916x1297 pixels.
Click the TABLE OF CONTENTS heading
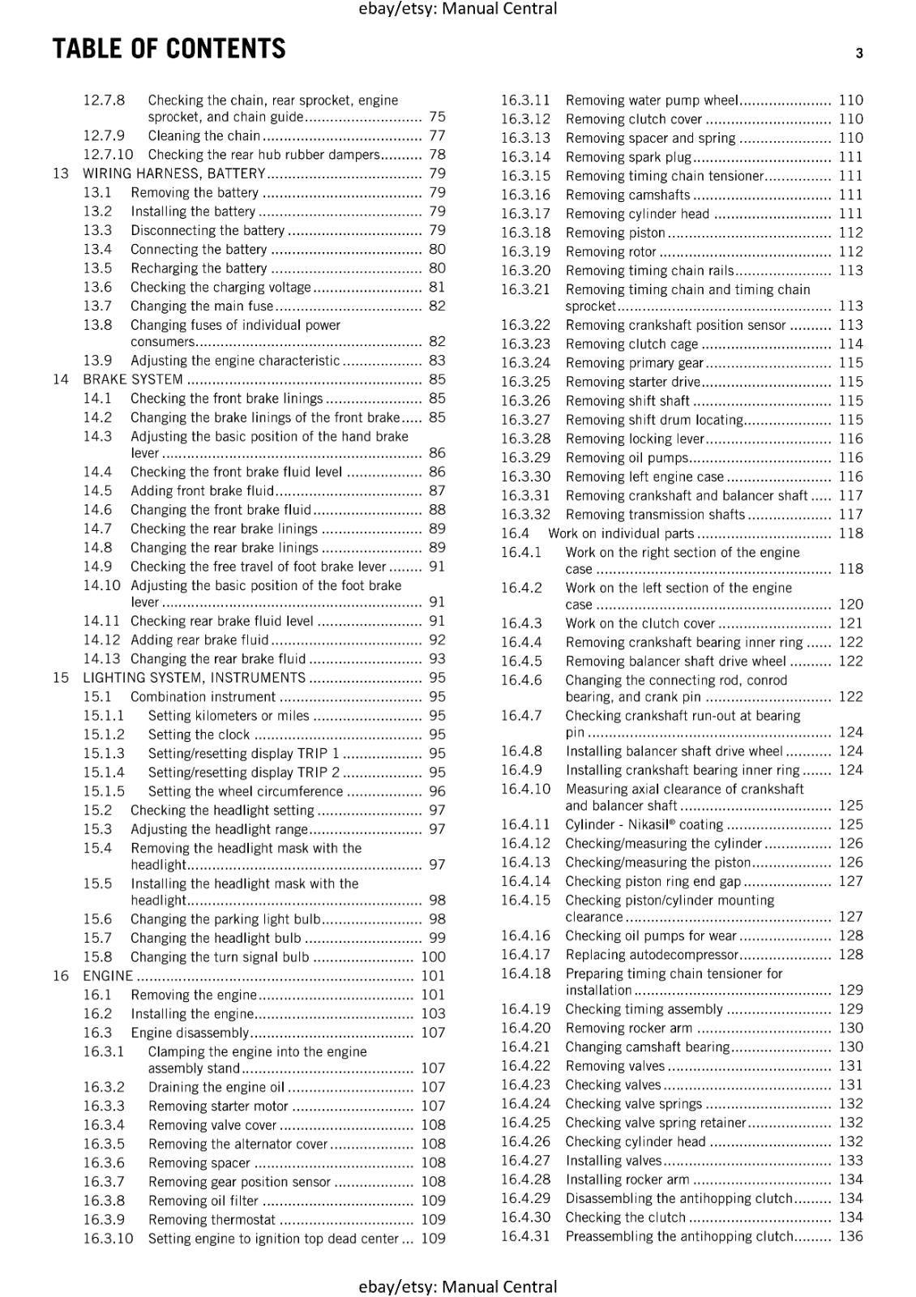pyautogui.click(x=169, y=49)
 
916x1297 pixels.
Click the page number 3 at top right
pyautogui.click(x=858, y=54)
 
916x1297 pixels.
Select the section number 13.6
pyautogui.click(x=97, y=287)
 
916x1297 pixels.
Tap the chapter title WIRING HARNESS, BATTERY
pyautogui.click(x=173, y=173)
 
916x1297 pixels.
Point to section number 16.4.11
pyautogui.click(x=525, y=824)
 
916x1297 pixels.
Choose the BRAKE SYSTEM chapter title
pyautogui.click(x=133, y=379)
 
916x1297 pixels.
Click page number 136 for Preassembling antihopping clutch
pyautogui.click(x=850, y=1236)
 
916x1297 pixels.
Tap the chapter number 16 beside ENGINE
pyautogui.click(x=61, y=976)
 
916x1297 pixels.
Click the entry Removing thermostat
pyautogui.click(x=212, y=1220)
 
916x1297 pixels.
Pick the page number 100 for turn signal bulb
pyautogui.click(x=433, y=957)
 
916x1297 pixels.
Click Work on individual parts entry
pyautogui.click(x=621, y=533)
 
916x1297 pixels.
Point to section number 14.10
pyautogui.click(x=101, y=585)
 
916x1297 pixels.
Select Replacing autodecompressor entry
pyautogui.click(x=652, y=955)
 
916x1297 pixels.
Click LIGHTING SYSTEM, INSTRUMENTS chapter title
pyautogui.click(x=194, y=678)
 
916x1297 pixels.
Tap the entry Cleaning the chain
pyautogui.click(x=203, y=136)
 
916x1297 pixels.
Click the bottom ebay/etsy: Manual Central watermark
pyautogui.click(x=458, y=1286)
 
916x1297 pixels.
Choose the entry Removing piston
pyautogui.click(x=615, y=233)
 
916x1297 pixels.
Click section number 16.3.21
pyautogui.click(x=525, y=289)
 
